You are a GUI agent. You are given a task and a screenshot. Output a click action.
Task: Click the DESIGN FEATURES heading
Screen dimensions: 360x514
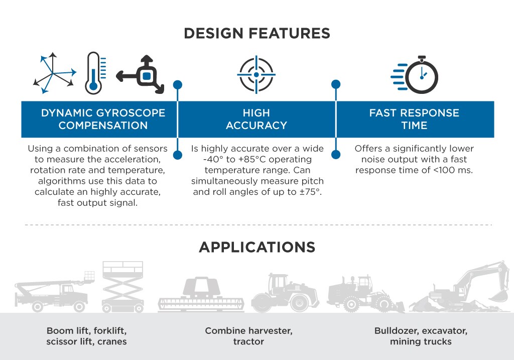(x=256, y=33)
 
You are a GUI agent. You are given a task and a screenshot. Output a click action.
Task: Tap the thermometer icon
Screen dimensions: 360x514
(x=93, y=73)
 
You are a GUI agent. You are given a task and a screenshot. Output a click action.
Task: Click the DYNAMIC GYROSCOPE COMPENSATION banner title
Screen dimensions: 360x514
(x=103, y=119)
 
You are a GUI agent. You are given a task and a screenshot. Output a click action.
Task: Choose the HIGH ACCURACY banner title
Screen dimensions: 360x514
(x=256, y=119)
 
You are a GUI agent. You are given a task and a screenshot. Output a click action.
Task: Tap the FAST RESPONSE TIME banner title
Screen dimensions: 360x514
(x=414, y=119)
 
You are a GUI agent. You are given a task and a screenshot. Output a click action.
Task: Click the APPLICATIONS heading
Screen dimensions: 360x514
(x=256, y=247)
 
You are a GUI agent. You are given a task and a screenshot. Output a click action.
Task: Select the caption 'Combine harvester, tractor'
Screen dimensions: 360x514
(x=248, y=336)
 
